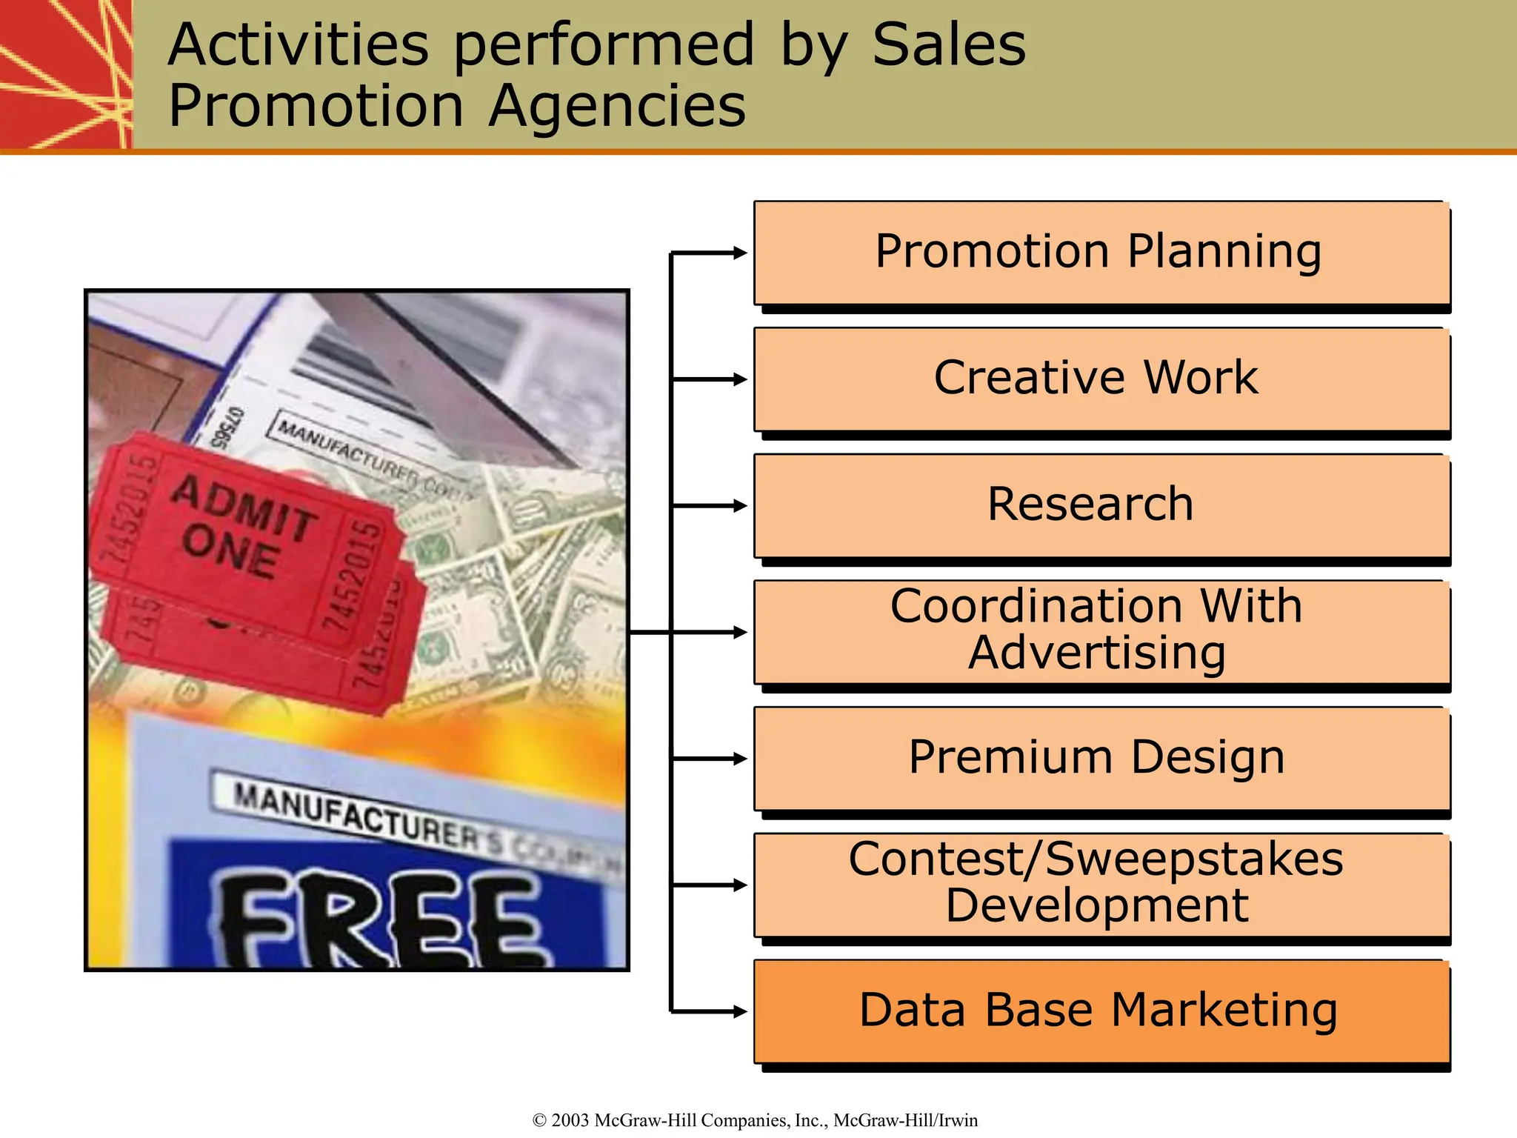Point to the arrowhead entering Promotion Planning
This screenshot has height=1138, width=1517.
click(x=739, y=253)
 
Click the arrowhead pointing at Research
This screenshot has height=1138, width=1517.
click(x=739, y=505)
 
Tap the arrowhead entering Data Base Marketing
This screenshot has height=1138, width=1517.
click(x=739, y=1011)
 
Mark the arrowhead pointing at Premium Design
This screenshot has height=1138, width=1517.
click(x=739, y=759)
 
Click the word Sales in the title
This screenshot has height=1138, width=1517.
click(x=949, y=44)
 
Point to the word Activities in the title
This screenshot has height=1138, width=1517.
click(x=298, y=44)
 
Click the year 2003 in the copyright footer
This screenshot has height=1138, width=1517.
click(x=570, y=1120)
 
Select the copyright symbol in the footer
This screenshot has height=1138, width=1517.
click(x=539, y=1120)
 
